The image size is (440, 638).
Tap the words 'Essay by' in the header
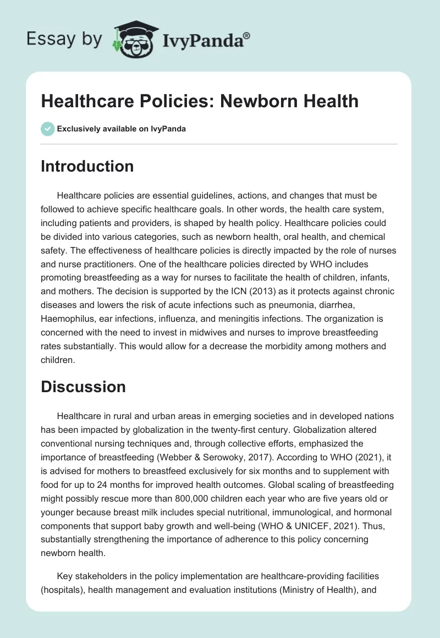click(64, 39)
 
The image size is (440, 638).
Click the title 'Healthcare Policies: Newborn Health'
click(200, 101)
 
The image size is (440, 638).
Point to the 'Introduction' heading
click(87, 166)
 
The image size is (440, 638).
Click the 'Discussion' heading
click(83, 386)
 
